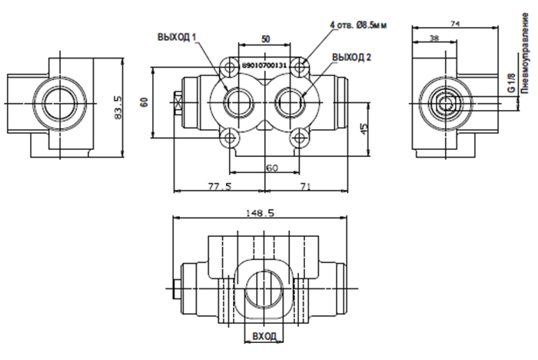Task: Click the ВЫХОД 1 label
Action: (x=177, y=37)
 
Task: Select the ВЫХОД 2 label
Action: (x=351, y=57)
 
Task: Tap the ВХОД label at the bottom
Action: (x=264, y=335)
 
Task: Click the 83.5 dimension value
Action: (x=118, y=108)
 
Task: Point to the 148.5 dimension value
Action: (x=261, y=213)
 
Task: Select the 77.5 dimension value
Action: (x=220, y=186)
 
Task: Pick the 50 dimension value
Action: (x=266, y=39)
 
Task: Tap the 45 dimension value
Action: (x=364, y=128)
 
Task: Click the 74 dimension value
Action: (x=455, y=24)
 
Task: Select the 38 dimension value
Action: (x=434, y=38)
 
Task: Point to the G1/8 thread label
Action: (x=511, y=83)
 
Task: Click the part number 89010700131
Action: (x=264, y=65)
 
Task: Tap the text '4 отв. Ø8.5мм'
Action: (x=358, y=25)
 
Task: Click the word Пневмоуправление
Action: (x=525, y=53)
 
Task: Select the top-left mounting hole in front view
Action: (x=231, y=67)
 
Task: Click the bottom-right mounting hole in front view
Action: (x=300, y=138)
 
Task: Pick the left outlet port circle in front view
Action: (x=239, y=103)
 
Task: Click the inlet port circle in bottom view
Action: (x=264, y=288)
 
